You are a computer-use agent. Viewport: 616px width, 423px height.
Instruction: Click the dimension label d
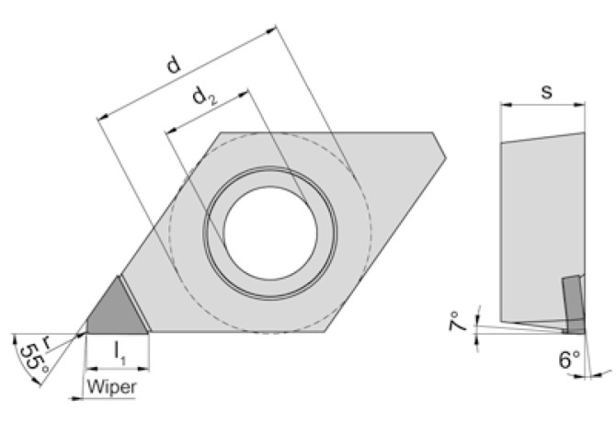(x=172, y=65)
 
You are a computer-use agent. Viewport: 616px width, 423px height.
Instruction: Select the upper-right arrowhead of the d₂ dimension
(x=245, y=91)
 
